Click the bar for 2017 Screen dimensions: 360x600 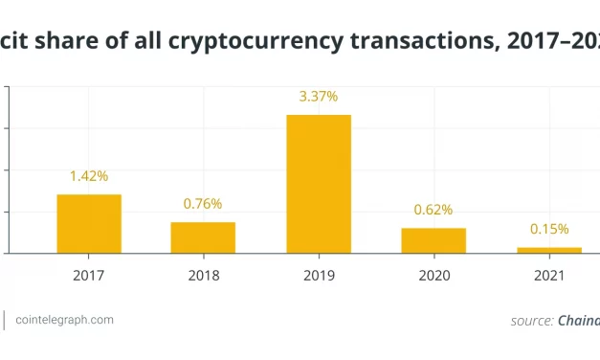tap(89, 224)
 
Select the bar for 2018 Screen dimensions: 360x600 tap(203, 237)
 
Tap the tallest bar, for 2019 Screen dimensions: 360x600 tap(319, 184)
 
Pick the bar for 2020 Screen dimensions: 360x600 tap(433, 240)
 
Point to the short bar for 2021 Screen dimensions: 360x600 tap(548, 250)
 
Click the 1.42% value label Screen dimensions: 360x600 tap(89, 176)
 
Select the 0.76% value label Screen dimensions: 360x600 tap(203, 204)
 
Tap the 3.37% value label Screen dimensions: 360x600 tap(319, 97)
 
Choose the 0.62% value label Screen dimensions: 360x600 tap(433, 210)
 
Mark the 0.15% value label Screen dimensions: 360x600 tap(549, 229)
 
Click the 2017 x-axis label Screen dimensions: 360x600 tap(89, 276)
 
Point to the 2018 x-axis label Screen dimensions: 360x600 tap(203, 276)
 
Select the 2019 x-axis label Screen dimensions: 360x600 tap(319, 276)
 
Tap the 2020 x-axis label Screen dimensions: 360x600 tap(433, 276)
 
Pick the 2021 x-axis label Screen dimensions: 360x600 tap(548, 276)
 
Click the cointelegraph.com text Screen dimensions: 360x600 tap(64, 320)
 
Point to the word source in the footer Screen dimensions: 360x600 tap(529, 321)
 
